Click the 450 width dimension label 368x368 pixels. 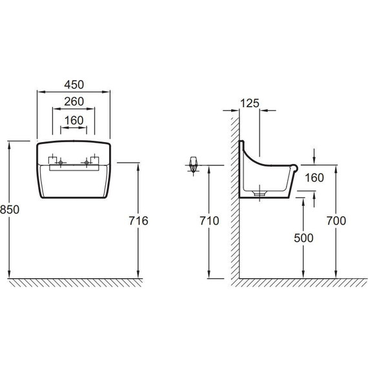click(74, 85)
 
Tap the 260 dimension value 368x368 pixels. click(74, 101)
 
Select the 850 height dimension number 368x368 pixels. click(10, 210)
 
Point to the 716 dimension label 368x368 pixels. click(138, 221)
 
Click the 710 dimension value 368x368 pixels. click(209, 221)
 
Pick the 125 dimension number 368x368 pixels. click(250, 103)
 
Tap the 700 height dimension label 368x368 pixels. click(336, 221)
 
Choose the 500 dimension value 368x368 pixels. click(303, 238)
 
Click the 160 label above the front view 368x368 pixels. click(74, 121)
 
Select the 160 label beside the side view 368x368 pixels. click(314, 178)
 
